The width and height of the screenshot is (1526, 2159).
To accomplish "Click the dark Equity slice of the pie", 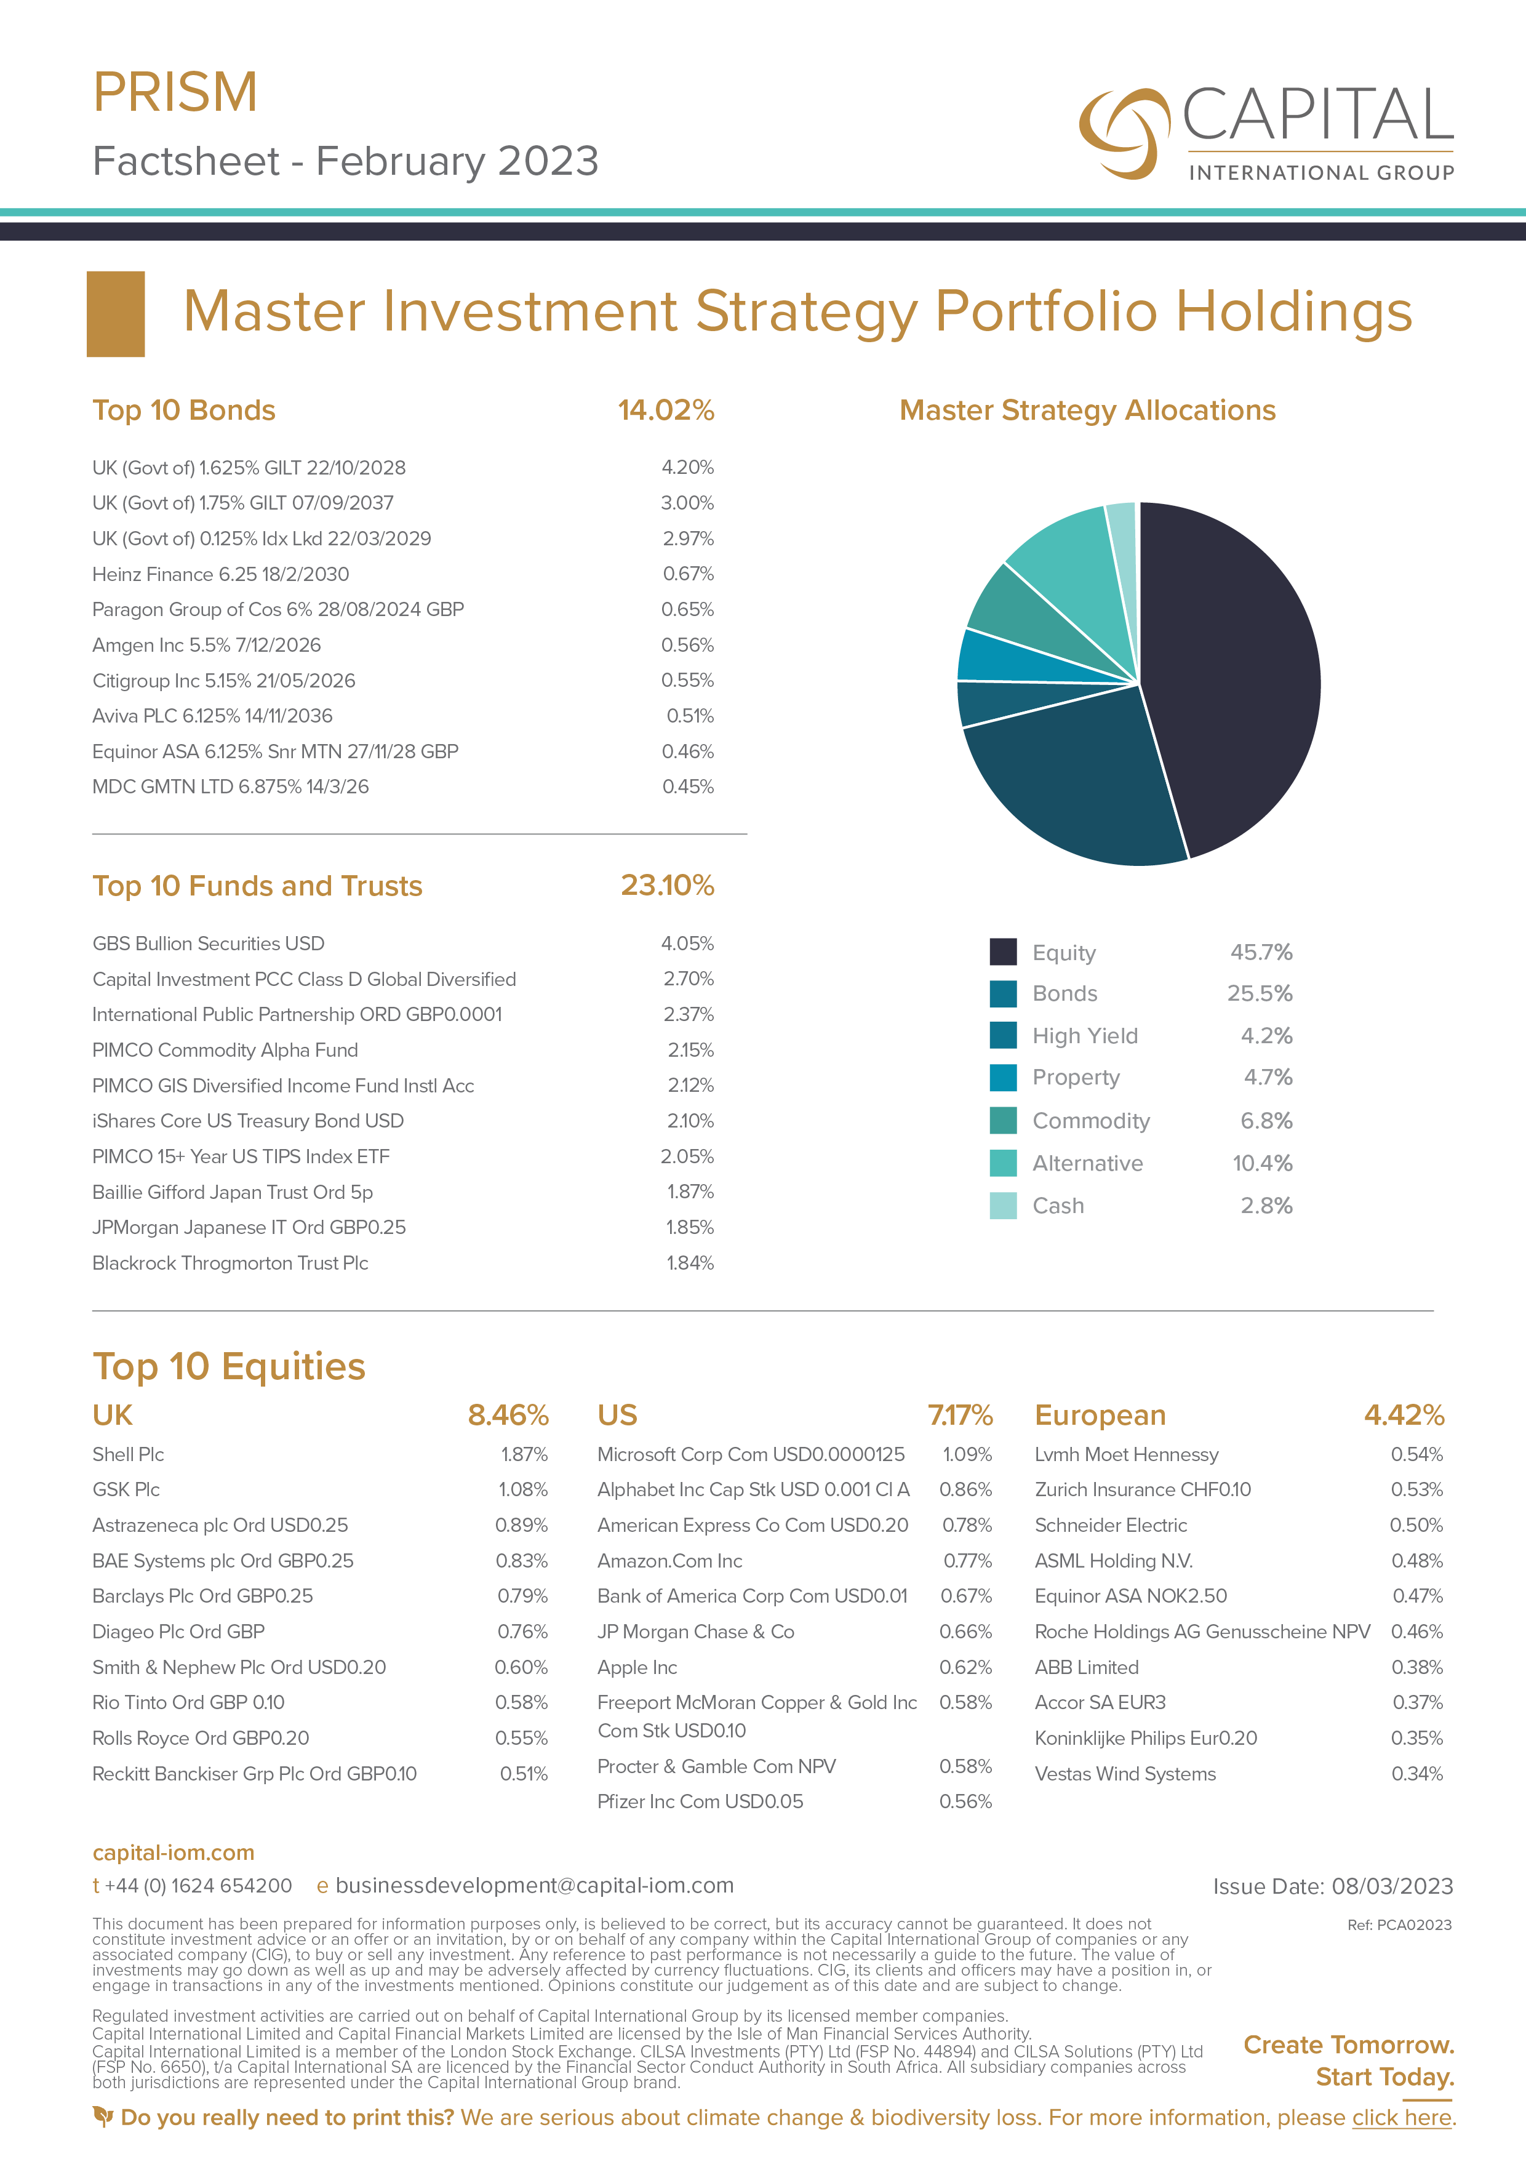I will [1232, 677].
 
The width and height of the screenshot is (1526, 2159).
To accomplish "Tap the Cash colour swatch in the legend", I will [1002, 1206].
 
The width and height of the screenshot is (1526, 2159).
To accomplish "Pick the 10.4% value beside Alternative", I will [1262, 1163].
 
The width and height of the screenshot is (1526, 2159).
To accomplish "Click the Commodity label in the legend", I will [1091, 1121].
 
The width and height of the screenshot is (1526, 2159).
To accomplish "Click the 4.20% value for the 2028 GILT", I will [687, 467].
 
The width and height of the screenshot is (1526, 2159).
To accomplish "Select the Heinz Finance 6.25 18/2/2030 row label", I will [220, 574].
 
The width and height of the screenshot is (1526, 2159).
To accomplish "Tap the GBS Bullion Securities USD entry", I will [208, 943].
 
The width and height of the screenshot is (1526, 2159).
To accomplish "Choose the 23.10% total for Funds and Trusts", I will [666, 886].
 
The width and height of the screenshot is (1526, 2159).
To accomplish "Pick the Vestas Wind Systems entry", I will [1125, 1774].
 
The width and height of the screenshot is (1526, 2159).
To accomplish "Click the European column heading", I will [1100, 1415].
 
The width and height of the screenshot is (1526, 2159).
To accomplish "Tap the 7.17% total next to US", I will [960, 1415].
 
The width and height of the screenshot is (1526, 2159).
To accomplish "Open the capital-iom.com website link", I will [173, 1853].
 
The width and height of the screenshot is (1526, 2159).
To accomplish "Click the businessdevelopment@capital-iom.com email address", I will [534, 1885].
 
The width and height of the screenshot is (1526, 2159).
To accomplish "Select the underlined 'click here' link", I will [1402, 2118].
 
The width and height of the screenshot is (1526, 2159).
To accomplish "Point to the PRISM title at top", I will [175, 92].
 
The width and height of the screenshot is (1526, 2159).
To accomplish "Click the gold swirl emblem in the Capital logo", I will [1122, 132].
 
